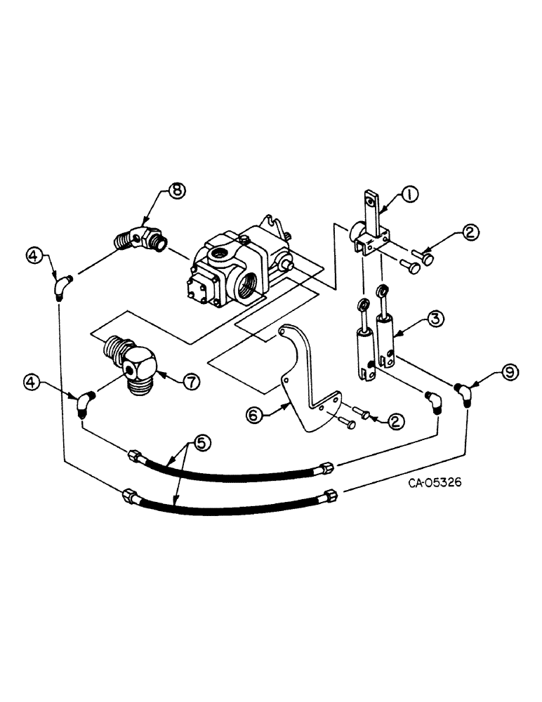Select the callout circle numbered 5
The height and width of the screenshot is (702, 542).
(x=201, y=442)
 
